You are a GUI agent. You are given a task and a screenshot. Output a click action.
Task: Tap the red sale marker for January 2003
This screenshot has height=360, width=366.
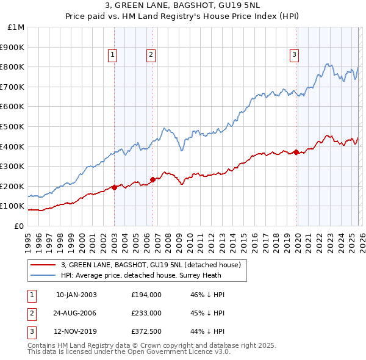pos(115,187)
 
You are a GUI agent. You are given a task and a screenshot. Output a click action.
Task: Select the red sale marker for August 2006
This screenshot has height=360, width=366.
pos(153,179)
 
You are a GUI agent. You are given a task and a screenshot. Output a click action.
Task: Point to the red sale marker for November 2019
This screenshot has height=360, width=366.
pos(296,152)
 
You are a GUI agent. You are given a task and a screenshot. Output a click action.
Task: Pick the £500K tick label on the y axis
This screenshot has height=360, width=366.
pos(13,126)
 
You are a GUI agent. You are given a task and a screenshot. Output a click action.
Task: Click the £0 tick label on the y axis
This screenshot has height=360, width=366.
pos(19,226)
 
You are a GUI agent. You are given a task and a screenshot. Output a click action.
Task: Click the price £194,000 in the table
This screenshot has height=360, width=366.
pos(146,295)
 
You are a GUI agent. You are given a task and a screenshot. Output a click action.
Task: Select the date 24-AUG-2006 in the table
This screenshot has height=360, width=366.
pos(76,313)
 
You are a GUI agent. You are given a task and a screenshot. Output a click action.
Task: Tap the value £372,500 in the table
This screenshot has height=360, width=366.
pos(146,331)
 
